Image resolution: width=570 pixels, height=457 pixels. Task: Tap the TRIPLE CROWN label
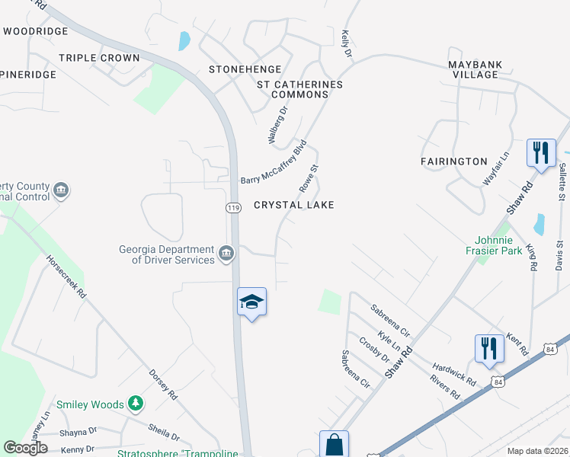point(99,58)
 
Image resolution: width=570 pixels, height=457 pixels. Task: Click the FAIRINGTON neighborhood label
point(453,161)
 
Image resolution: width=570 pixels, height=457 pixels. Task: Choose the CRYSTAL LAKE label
point(293,206)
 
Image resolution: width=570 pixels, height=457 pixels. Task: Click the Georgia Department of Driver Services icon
point(226,254)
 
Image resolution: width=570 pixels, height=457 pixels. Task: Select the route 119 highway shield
point(233,207)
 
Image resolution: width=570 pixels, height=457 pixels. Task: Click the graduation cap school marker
point(251,302)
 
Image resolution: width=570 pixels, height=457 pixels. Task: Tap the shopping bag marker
point(334,444)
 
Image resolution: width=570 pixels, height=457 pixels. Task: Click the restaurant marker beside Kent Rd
point(488,348)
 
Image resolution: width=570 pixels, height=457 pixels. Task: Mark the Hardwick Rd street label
point(455,373)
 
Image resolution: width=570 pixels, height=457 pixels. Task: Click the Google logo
point(26,448)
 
